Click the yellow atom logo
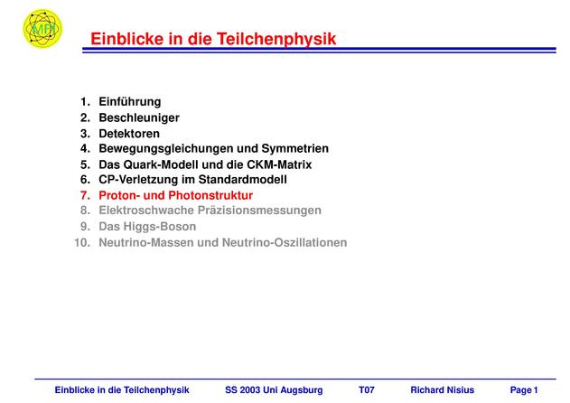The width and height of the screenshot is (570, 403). click(x=42, y=28)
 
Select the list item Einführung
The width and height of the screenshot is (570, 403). click(x=130, y=102)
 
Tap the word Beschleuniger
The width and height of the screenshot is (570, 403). click(x=139, y=117)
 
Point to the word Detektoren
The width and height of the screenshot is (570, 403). click(x=129, y=134)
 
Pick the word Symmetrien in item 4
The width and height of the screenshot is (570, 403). click(x=295, y=149)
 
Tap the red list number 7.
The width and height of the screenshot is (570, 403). click(x=85, y=196)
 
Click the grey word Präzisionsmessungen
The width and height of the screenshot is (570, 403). click(x=259, y=211)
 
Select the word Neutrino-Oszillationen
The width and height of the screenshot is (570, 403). click(x=285, y=242)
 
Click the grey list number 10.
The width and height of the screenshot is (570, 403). click(x=82, y=242)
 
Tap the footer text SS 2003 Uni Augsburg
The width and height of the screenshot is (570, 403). click(x=274, y=390)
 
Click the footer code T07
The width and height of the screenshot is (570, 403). click(x=367, y=390)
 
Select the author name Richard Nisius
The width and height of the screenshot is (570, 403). click(x=442, y=390)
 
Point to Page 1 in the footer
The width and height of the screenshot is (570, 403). click(x=524, y=390)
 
